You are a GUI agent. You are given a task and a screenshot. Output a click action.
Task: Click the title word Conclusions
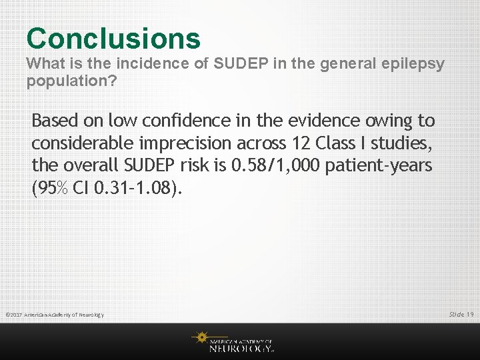pos(113,38)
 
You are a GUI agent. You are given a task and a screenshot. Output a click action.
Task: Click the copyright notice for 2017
pos(54,315)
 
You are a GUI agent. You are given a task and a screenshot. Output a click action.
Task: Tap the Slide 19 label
pos(461,314)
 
